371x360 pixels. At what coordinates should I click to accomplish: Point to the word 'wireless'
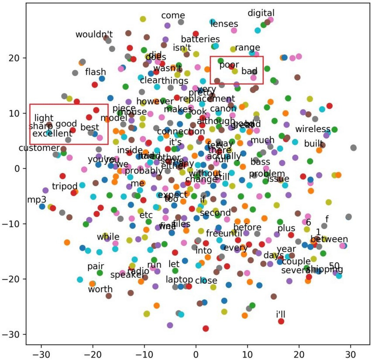pyautogui.click(x=313, y=129)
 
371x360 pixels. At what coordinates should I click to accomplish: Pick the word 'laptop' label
pyautogui.click(x=179, y=279)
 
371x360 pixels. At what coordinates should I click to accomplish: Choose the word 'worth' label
pyautogui.click(x=100, y=289)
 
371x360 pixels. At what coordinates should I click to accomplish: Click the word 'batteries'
pyautogui.click(x=200, y=39)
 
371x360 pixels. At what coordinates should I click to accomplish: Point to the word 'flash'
pyautogui.click(x=96, y=72)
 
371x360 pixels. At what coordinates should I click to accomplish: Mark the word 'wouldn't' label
pyautogui.click(x=94, y=34)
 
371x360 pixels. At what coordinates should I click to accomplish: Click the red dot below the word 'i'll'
pyautogui.click(x=281, y=322)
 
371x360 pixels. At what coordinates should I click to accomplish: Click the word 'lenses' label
pyautogui.click(x=224, y=24)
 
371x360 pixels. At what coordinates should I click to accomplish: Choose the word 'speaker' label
pyautogui.click(x=124, y=275)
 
